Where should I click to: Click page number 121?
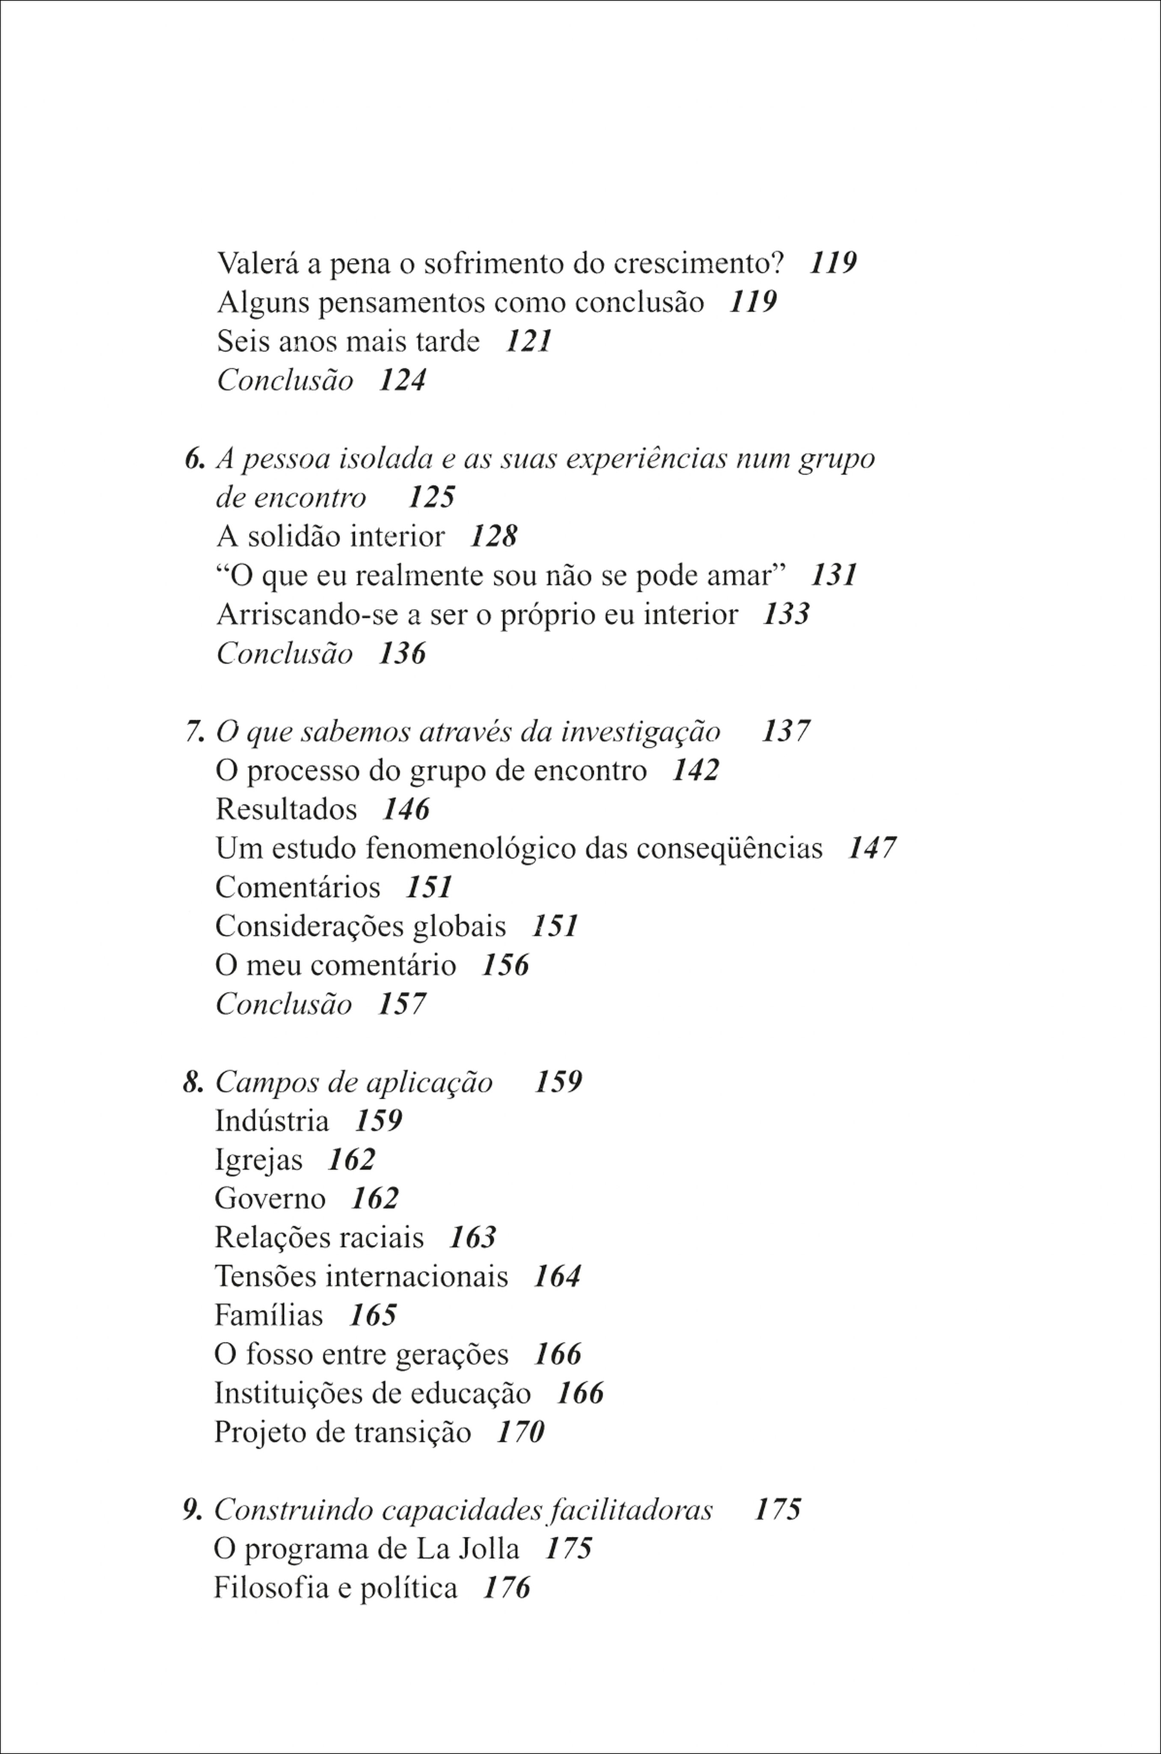529,341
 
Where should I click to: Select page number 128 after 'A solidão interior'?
493,536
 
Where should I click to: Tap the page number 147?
871,848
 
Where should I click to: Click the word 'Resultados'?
286,810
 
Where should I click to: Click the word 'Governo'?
270,1199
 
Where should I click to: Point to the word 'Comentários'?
298,887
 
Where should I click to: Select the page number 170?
520,1432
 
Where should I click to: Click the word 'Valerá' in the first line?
257,263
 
